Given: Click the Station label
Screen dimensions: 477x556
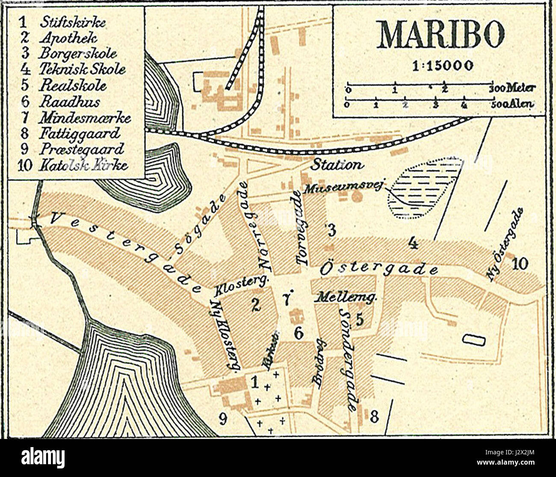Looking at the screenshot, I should click(x=337, y=164).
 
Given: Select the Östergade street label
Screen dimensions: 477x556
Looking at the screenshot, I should click(x=379, y=268).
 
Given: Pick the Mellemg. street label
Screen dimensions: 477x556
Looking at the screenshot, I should click(x=345, y=297).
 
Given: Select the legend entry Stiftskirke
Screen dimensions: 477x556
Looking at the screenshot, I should click(x=72, y=23).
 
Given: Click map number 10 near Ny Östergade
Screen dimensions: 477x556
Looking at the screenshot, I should click(x=520, y=263).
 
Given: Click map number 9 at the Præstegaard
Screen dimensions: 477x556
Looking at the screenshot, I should click(x=222, y=419).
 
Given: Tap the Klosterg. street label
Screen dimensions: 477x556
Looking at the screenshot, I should click(x=241, y=284).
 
